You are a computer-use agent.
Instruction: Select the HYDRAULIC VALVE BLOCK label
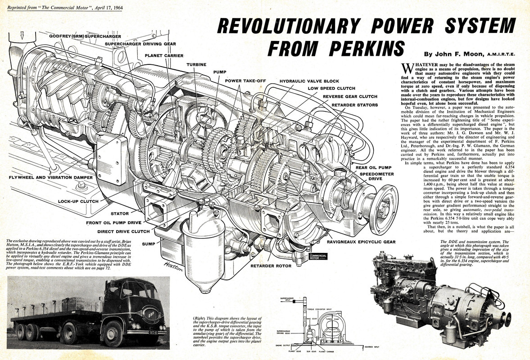(x=309, y=81)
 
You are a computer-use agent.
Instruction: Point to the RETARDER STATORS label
(x=356, y=104)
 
